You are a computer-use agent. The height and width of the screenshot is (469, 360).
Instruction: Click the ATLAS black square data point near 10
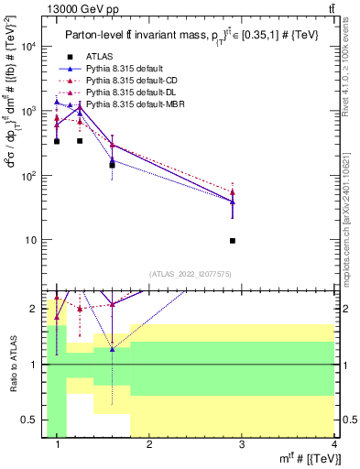pyautogui.click(x=233, y=241)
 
